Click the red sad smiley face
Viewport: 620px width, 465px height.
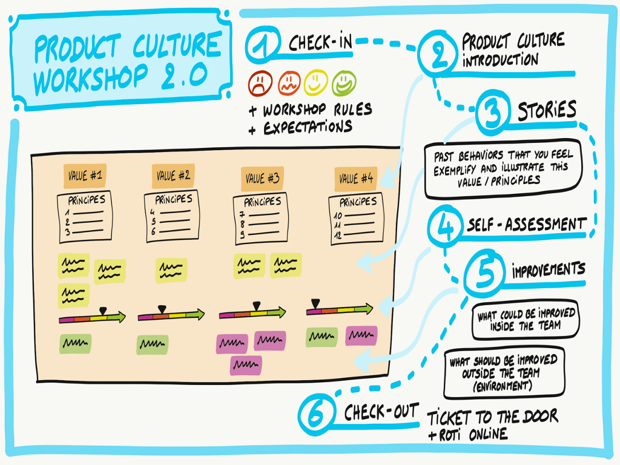coord(260,83)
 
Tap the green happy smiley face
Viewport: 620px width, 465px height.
coord(344,82)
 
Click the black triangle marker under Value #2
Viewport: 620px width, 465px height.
coord(161,309)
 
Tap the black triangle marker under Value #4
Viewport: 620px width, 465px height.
coord(315,303)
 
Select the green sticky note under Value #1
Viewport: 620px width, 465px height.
coord(75,343)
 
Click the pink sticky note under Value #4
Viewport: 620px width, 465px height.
coord(361,335)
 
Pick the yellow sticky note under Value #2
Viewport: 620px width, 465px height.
coord(171,270)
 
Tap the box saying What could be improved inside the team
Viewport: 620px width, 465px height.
coord(525,320)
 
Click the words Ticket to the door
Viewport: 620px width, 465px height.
coord(492,417)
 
